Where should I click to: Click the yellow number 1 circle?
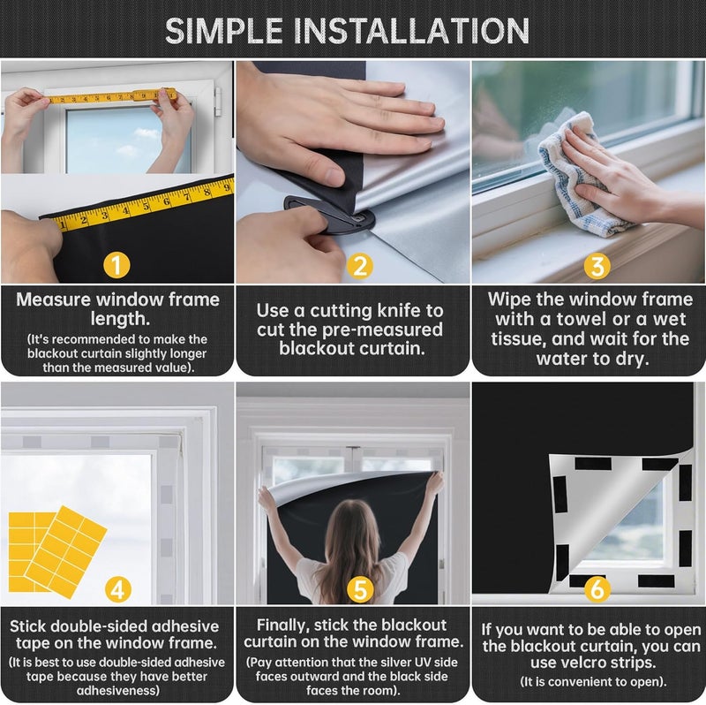pyautogui.click(x=116, y=263)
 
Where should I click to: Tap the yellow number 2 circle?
pyautogui.click(x=358, y=264)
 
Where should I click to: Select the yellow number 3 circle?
pyautogui.click(x=597, y=264)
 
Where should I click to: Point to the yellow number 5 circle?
pyautogui.click(x=358, y=587)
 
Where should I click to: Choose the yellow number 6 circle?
pyautogui.click(x=597, y=587)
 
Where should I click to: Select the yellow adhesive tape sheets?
pyautogui.click(x=55, y=543)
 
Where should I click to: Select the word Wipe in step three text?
pyautogui.click(x=507, y=299)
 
